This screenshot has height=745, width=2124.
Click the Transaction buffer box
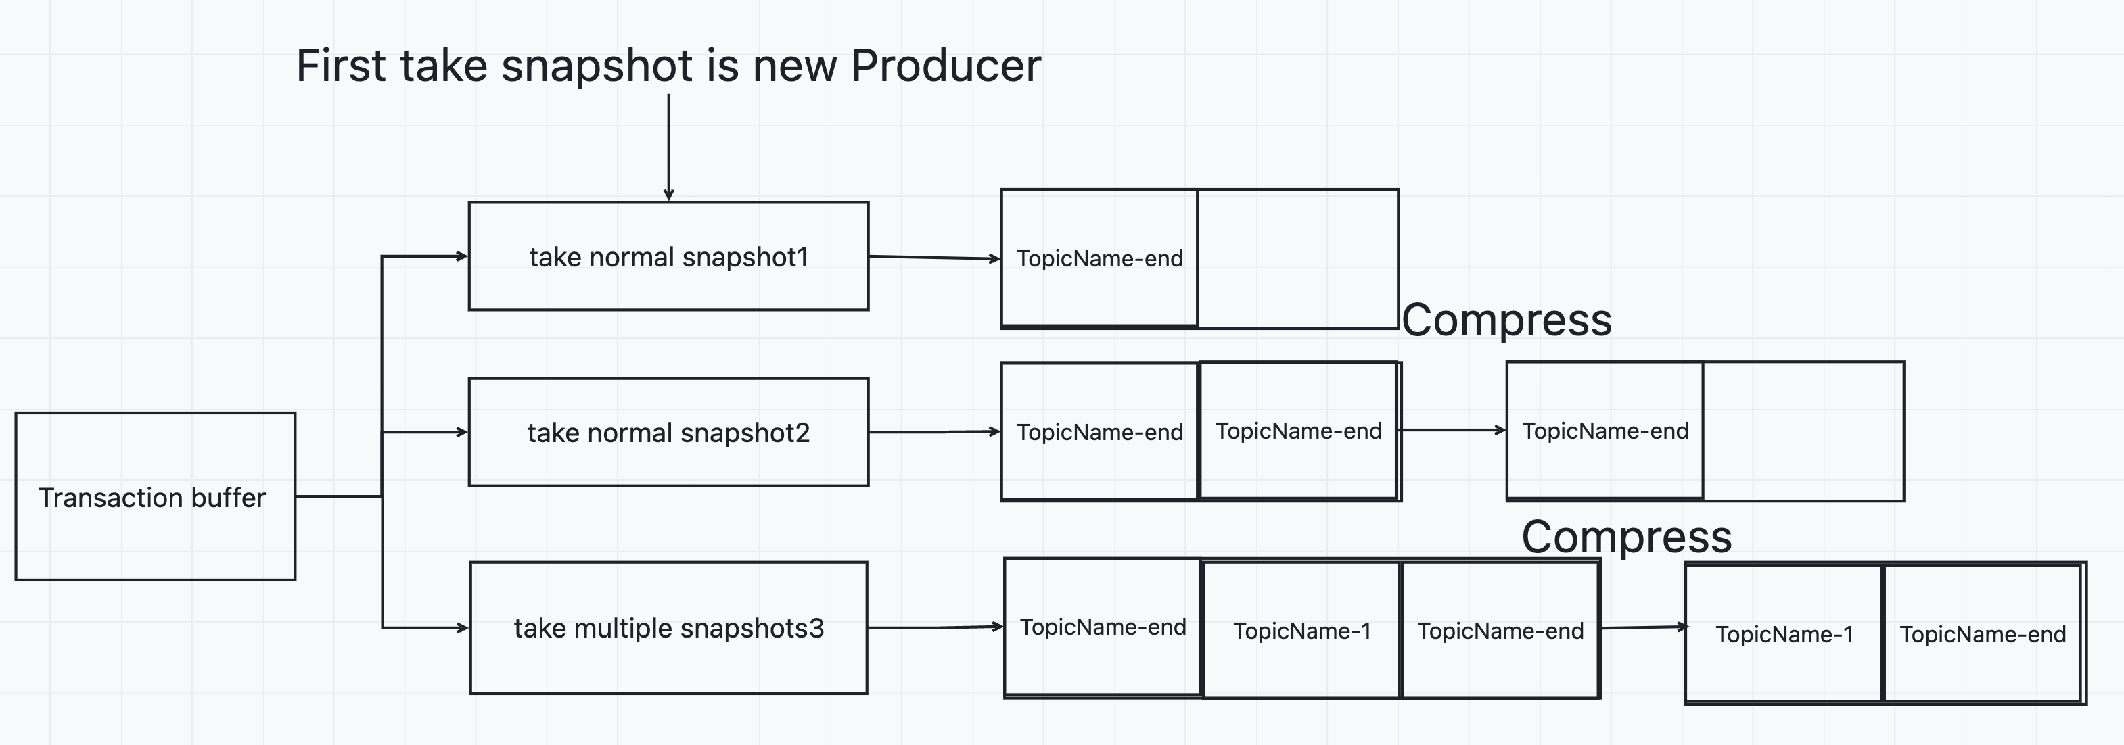coord(155,496)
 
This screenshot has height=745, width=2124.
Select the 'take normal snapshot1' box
coord(669,256)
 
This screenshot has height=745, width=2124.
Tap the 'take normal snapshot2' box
coord(669,432)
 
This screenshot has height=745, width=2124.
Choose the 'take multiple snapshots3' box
coord(669,628)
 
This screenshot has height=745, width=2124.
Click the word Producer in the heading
coord(946,66)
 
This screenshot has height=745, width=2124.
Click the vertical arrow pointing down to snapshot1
coord(669,147)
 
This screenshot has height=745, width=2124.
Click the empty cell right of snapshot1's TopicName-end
coord(1298,258)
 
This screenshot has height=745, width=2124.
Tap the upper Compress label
coord(1506,320)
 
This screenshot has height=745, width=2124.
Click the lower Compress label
coord(1626,537)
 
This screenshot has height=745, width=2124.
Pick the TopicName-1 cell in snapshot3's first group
coord(1302,631)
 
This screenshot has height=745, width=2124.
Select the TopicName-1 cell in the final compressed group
coord(1784,633)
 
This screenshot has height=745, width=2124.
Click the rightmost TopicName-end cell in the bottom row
coord(1983,633)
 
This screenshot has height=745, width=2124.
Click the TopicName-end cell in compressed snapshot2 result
coord(1605,430)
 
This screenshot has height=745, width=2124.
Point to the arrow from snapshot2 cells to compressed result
coord(1453,429)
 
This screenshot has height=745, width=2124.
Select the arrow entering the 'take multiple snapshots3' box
coord(425,628)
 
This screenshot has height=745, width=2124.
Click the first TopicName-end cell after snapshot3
coord(1103,627)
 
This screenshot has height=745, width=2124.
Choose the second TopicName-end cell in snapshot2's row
coord(1299,430)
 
